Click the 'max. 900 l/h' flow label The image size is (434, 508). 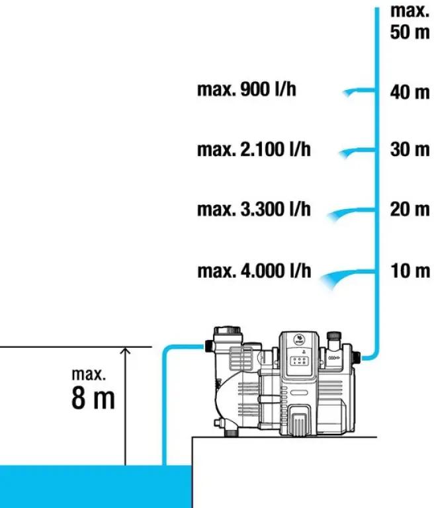click(247, 89)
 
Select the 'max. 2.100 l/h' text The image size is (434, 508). click(254, 149)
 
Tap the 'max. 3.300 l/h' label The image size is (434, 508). click(254, 209)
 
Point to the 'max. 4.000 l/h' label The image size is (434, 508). click(254, 271)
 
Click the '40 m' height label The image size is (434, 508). click(410, 93)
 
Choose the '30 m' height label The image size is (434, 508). click(410, 149)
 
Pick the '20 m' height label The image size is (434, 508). click(410, 209)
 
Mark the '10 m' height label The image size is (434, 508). click(410, 271)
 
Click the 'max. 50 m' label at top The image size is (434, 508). click(410, 21)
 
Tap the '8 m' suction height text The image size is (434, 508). click(93, 398)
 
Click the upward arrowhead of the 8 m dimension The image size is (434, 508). click(125, 350)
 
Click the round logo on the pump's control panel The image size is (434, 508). click(299, 339)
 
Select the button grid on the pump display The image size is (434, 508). click(299, 361)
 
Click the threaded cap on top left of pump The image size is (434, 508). click(227, 331)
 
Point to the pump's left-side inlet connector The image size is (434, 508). click(209, 346)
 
